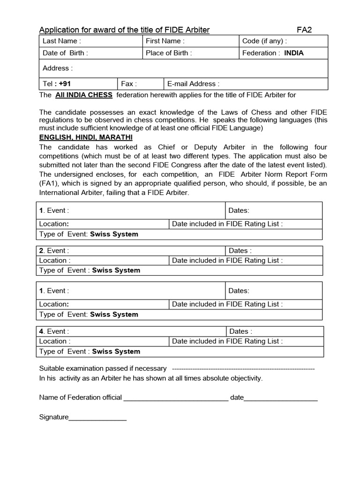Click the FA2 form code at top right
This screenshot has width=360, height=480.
[x=304, y=30]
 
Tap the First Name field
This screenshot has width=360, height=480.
[x=190, y=41]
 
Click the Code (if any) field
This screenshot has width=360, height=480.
[x=283, y=41]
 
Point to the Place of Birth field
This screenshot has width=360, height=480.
[x=190, y=53]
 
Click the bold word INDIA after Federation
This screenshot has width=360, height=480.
[x=293, y=53]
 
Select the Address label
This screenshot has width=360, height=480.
[x=57, y=68]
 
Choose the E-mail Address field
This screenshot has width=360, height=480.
[x=245, y=84]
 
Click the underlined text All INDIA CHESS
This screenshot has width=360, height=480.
[x=83, y=95]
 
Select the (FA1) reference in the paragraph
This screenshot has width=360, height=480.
[x=50, y=184]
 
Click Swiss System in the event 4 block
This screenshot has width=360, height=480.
[x=116, y=352]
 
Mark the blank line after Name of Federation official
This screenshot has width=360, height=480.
[x=175, y=397]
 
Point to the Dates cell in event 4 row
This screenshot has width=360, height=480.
[x=275, y=331]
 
